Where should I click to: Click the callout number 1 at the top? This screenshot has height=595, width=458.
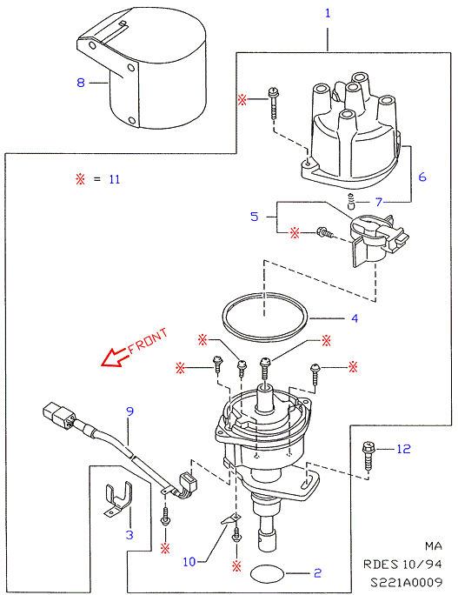click(328, 13)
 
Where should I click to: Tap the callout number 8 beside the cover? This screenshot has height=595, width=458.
click(81, 83)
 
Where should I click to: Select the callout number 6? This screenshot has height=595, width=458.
click(422, 177)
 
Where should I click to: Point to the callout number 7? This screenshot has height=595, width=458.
click(378, 202)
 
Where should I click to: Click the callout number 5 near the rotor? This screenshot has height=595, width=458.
click(255, 217)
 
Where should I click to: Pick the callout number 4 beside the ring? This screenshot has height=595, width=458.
click(355, 318)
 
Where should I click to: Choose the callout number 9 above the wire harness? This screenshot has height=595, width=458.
click(130, 411)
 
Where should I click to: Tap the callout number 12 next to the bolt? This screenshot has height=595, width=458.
click(404, 449)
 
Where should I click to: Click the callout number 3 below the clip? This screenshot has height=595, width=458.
click(129, 535)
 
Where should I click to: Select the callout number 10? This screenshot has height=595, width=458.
click(189, 562)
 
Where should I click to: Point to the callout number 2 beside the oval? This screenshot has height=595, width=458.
click(318, 573)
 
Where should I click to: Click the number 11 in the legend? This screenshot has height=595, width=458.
click(115, 179)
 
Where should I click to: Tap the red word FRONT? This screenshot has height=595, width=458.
click(147, 341)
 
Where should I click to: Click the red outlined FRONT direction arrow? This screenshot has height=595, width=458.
click(114, 358)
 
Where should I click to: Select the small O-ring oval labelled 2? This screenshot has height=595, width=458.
click(268, 573)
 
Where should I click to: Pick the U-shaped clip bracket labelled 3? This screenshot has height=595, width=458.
click(118, 500)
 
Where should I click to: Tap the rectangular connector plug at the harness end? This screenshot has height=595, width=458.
click(59, 417)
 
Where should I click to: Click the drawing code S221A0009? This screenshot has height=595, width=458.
click(406, 583)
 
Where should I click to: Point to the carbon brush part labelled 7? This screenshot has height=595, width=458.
click(351, 201)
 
